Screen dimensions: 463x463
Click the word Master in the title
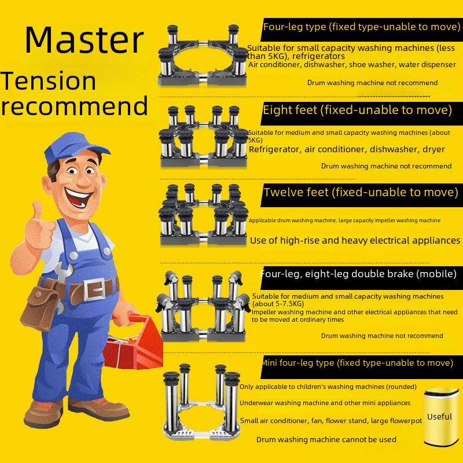(84, 40)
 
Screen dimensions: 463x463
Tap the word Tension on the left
(48, 81)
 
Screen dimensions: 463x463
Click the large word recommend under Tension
(74, 106)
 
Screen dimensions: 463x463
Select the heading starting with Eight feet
(357, 110)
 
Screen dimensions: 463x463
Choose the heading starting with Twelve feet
(361, 192)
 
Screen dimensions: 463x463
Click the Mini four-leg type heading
(358, 363)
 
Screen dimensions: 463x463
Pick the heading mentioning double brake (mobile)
(358, 274)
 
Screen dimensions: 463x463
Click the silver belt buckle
(94, 290)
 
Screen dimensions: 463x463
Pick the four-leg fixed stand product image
(203, 55)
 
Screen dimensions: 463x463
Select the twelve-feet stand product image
(203, 215)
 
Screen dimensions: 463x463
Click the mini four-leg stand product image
(201, 402)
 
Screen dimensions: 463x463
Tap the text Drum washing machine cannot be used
(326, 440)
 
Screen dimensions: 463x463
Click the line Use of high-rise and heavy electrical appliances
(355, 241)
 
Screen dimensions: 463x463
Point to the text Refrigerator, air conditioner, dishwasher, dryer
(347, 149)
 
